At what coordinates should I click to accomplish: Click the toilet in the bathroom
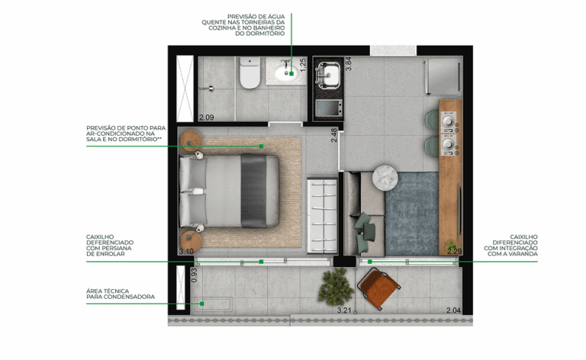(250, 74)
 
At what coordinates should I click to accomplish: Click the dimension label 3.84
(349, 64)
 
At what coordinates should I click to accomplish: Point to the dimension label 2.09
(206, 117)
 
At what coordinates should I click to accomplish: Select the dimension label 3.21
(346, 310)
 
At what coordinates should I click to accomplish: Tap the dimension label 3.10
(185, 250)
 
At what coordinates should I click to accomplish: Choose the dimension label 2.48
(334, 137)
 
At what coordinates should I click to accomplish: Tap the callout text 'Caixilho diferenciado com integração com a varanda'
(511, 246)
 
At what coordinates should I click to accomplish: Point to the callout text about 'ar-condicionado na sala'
(125, 134)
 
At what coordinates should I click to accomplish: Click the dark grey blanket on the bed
(253, 190)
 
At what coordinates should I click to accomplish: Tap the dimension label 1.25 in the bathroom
(302, 64)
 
